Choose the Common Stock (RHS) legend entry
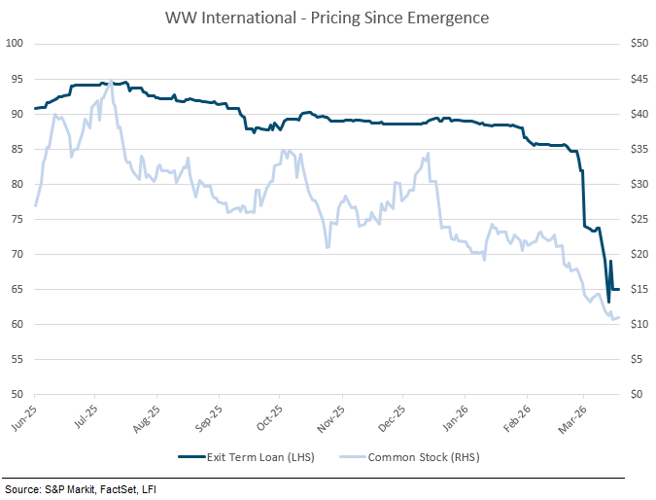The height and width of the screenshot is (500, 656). click(419, 456)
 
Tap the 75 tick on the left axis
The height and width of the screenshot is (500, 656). click(17, 219)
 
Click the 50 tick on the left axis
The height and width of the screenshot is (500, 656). click(17, 394)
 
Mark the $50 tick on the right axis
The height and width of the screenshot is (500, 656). click(638, 44)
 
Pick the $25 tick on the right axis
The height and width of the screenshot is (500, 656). click(638, 219)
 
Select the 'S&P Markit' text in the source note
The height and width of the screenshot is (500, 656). click(57, 488)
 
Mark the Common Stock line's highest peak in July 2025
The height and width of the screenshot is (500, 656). click(111, 81)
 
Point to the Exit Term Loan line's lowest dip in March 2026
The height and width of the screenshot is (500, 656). click(608, 302)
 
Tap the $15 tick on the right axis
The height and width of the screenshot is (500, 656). click(638, 289)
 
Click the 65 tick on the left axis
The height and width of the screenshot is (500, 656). click(17, 289)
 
